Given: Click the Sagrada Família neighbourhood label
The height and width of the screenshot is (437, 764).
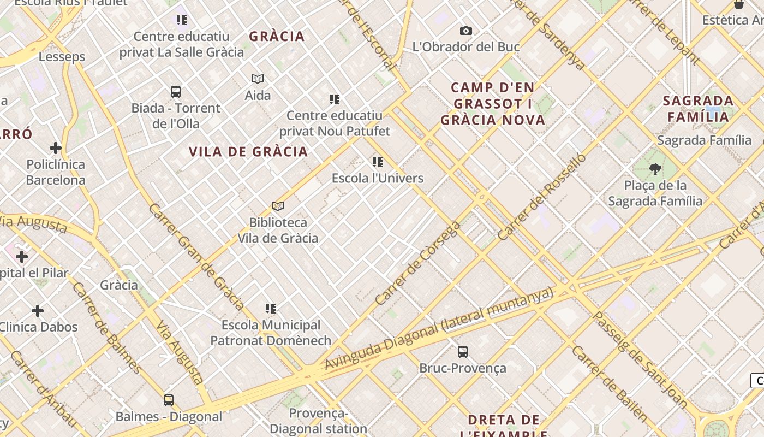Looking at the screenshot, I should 698,108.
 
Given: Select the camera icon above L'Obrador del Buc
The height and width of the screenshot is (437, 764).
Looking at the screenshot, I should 465,31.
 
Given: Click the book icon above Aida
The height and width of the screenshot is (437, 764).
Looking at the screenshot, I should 258,79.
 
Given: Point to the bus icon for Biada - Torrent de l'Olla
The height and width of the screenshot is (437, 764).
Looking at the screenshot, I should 175,91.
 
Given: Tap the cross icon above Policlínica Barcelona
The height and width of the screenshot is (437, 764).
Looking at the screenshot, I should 56,148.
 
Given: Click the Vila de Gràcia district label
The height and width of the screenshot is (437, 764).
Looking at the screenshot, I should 248,151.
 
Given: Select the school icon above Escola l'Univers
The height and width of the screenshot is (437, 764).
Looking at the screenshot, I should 377,162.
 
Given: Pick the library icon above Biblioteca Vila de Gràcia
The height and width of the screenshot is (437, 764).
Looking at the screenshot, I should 278,206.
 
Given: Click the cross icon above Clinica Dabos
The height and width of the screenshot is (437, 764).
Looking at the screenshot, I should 38,311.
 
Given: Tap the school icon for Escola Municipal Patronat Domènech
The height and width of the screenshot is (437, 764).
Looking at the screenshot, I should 271,309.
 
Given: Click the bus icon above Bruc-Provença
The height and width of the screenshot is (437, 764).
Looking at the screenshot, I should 462,351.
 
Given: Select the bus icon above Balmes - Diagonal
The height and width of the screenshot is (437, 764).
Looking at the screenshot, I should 169,400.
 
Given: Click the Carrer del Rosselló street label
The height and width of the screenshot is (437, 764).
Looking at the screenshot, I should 542,197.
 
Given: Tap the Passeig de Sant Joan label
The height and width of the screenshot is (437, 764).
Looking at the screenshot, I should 640,360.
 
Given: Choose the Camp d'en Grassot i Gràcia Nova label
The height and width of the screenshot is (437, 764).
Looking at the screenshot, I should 493,103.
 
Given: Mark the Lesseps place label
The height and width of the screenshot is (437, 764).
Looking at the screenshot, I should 62,57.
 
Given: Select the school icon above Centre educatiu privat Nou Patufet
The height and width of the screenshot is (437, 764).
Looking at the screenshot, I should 335,99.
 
